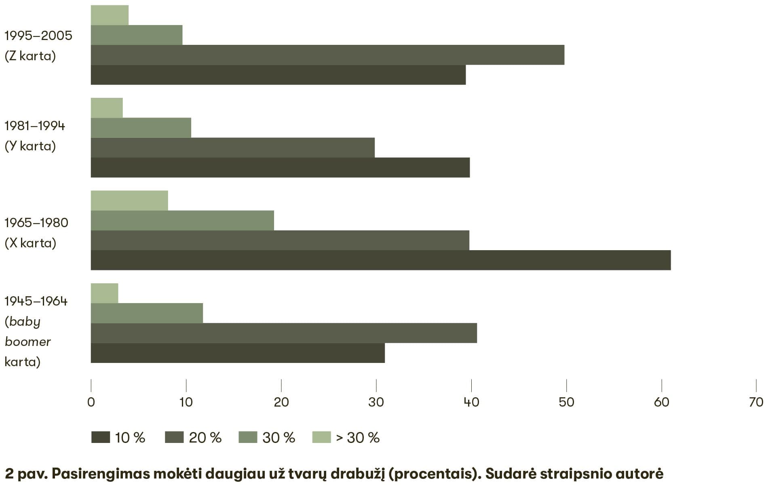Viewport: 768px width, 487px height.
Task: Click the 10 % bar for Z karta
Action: tap(278, 75)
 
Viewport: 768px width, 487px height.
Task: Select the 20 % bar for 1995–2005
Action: tap(327, 55)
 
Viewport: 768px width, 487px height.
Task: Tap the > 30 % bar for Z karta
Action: tap(110, 15)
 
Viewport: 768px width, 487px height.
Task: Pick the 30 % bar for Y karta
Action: tap(141, 128)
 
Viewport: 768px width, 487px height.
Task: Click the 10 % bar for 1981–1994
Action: tap(280, 167)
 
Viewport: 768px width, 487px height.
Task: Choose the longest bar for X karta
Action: tap(380, 260)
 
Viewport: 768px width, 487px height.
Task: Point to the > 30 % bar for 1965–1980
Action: tap(129, 200)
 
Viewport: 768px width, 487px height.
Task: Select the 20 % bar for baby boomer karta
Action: tap(284, 333)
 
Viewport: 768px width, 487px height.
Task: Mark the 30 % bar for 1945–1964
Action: tap(147, 313)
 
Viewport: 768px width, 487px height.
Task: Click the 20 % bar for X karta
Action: tap(280, 240)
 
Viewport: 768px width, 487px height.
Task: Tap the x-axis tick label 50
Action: tap(566, 402)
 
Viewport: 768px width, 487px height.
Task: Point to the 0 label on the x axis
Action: tap(91, 402)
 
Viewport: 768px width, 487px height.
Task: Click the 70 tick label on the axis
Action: tap(756, 402)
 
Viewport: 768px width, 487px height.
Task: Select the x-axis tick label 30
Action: tap(376, 402)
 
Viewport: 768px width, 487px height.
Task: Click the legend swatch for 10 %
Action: tap(101, 437)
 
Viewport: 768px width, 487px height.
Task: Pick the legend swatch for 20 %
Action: tap(174, 437)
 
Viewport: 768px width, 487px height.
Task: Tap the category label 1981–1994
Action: tap(35, 126)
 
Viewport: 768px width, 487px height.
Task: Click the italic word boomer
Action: tap(27, 342)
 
